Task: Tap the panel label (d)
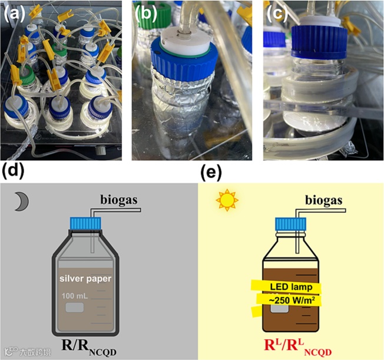13,171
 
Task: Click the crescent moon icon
22,202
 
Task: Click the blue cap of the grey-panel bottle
87,223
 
